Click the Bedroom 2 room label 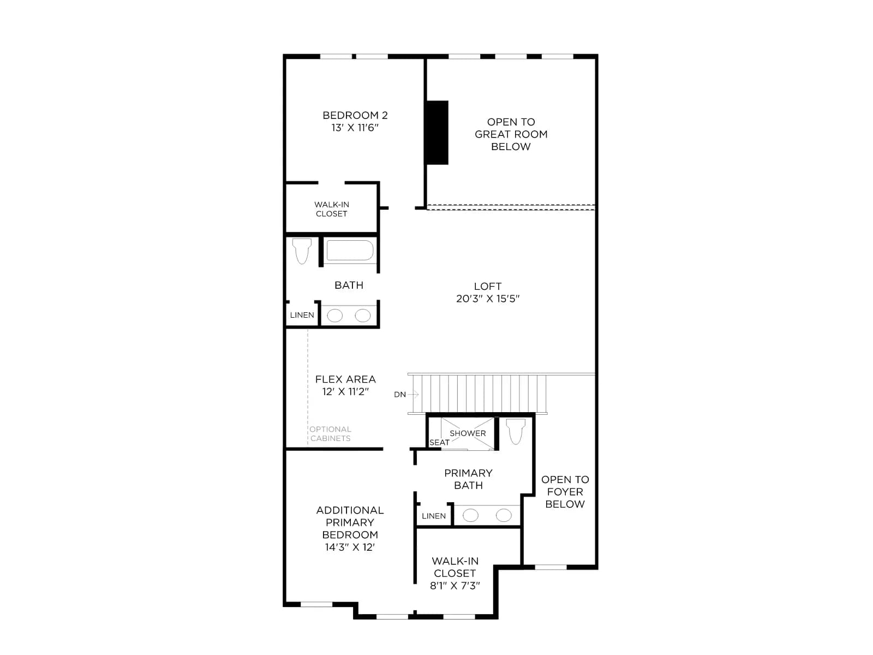pos(355,115)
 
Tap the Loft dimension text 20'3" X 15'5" pos(488,299)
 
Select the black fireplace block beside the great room pos(438,133)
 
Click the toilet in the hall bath pos(302,251)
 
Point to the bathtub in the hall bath pos(350,251)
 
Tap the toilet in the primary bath pos(516,431)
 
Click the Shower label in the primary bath pos(468,433)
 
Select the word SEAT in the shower pos(439,443)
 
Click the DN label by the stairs pos(400,395)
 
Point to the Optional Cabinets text pos(331,434)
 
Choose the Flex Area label pos(345,379)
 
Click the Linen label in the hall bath pos(302,315)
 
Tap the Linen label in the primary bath pos(434,516)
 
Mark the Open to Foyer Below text pos(565,492)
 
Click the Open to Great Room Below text pos(511,134)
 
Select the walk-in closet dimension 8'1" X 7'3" pos(455,585)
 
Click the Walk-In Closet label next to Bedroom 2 pos(331,209)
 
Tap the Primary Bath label pos(468,479)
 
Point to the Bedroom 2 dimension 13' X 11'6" pos(355,128)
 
